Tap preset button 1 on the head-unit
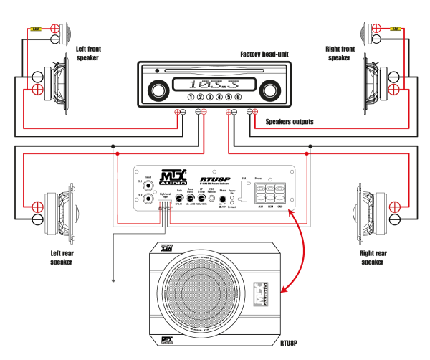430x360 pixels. [191, 97]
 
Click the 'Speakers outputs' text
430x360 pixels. [290, 122]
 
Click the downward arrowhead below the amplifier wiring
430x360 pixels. [113, 280]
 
